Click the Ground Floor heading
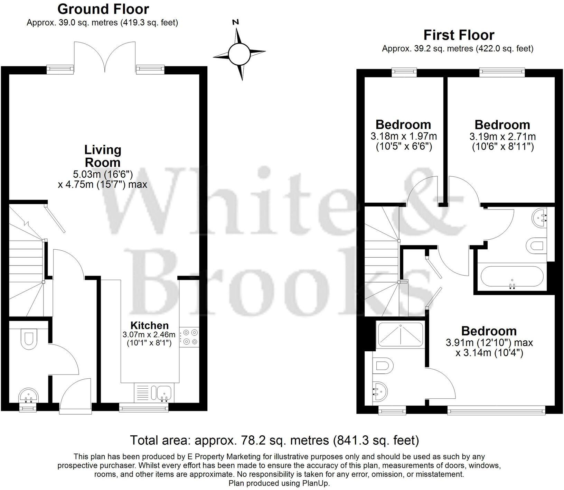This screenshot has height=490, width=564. click(x=103, y=9)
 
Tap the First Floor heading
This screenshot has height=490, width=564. click(x=459, y=35)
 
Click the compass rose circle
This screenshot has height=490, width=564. click(x=239, y=54)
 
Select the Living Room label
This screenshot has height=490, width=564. click(x=103, y=156)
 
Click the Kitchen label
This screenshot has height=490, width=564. click(x=149, y=325)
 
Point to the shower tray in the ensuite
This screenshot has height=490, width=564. click(x=400, y=335)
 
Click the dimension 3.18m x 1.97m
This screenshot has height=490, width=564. click(x=403, y=136)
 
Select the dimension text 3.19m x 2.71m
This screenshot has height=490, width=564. click(x=502, y=136)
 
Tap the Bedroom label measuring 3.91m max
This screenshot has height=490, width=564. click(x=489, y=331)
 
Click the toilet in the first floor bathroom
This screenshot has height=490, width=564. click(x=536, y=246)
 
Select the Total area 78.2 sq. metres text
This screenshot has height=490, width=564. click(x=274, y=441)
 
